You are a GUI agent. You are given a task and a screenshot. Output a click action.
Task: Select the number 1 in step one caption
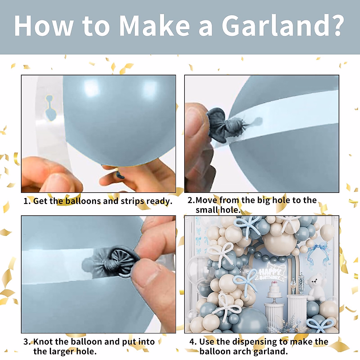click(x=26, y=201)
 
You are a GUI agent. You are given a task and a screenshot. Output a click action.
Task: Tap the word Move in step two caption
click(x=206, y=200)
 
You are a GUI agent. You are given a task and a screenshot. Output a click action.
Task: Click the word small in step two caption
click(x=207, y=210)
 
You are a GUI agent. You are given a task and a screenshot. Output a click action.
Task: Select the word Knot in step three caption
click(x=43, y=342)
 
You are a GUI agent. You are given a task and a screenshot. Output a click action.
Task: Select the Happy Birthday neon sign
click(x=270, y=273)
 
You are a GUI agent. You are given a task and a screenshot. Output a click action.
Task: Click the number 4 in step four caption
click(x=193, y=342)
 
